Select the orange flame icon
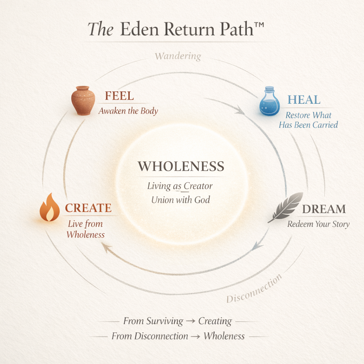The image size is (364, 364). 50,208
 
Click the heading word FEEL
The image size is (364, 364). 119,96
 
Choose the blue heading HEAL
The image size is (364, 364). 304,100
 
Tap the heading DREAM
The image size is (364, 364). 323,209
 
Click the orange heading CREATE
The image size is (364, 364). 88,208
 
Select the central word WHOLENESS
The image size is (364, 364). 181,166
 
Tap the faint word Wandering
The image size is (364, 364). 178,56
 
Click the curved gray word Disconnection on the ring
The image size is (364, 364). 254,288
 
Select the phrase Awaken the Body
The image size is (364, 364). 128,111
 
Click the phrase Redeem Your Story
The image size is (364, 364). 318,224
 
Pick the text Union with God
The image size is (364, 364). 181,200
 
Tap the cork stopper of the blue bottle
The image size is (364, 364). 269,89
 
